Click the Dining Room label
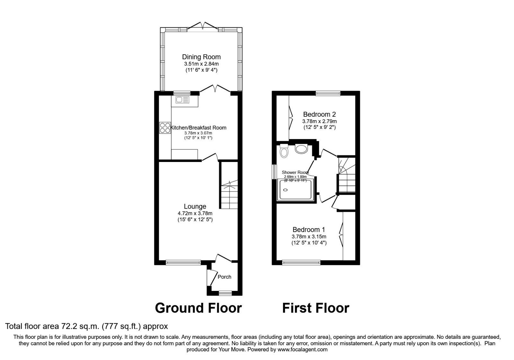[201, 57]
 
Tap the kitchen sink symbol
[182, 100]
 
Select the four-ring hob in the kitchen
[165, 128]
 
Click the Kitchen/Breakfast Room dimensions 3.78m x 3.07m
[198, 133]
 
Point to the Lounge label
[195, 206]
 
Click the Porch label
[224, 277]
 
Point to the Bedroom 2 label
[319, 114]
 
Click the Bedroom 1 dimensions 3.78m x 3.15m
[308, 237]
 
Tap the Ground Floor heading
[198, 308]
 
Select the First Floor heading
[315, 308]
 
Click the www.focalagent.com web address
[303, 349]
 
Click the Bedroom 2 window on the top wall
[328, 93]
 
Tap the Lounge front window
[183, 263]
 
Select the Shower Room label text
[295, 173]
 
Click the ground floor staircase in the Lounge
[229, 193]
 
